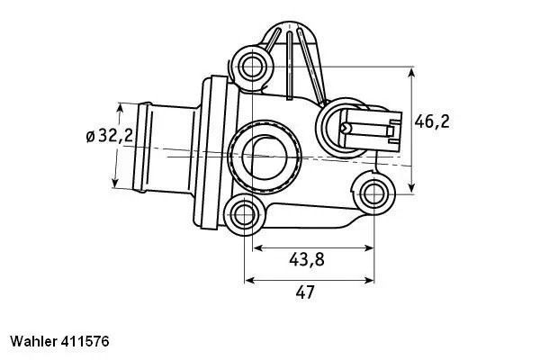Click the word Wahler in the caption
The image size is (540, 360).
click(x=32, y=342)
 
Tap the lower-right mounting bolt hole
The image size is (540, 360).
click(x=374, y=191)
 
